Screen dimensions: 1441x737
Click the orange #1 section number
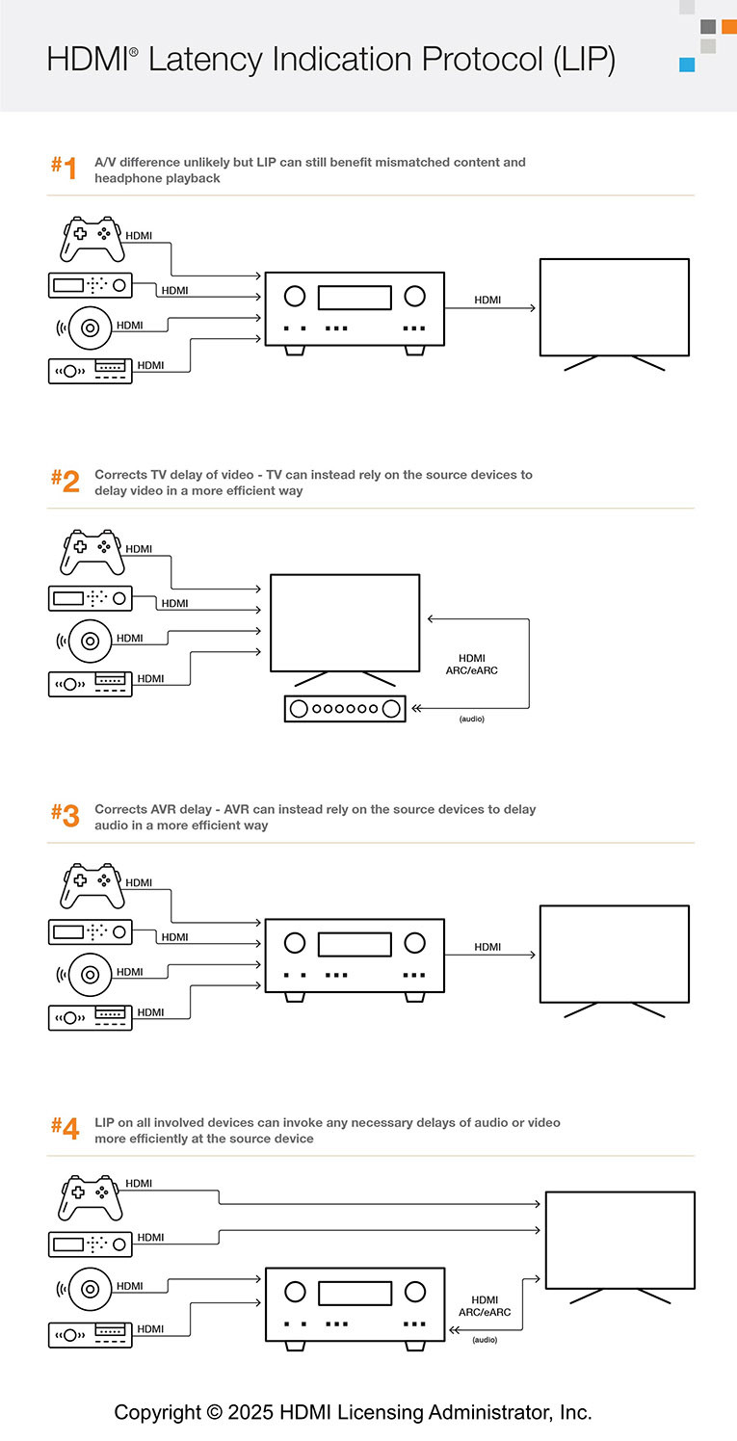point(64,168)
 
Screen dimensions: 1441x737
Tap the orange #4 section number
point(65,1128)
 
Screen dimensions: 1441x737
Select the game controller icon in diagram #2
point(93,552)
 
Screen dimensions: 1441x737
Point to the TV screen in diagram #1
point(614,308)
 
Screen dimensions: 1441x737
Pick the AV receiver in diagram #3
point(355,956)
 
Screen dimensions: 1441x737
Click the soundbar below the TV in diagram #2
point(346,709)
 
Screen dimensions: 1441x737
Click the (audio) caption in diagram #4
point(485,1340)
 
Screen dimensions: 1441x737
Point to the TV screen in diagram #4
point(619,1240)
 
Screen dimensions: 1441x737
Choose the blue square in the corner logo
point(687,65)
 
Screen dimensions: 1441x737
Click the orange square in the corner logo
point(728,26)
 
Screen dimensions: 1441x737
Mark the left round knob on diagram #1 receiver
point(295,296)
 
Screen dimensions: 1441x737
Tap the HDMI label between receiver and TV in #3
point(487,947)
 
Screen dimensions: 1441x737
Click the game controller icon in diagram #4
point(91,1195)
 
